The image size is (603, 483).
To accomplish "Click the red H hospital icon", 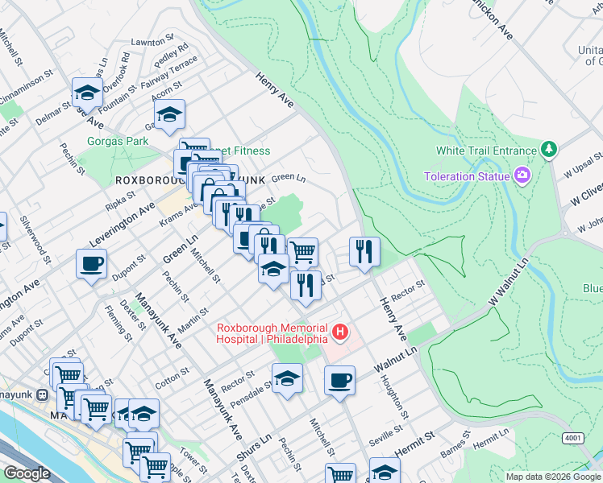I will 341,332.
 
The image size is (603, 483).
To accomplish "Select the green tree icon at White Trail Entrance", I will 549,150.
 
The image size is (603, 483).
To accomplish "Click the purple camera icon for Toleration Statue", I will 523,175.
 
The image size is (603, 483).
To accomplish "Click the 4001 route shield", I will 574,438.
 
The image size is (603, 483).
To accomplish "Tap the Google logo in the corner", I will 27,474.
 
